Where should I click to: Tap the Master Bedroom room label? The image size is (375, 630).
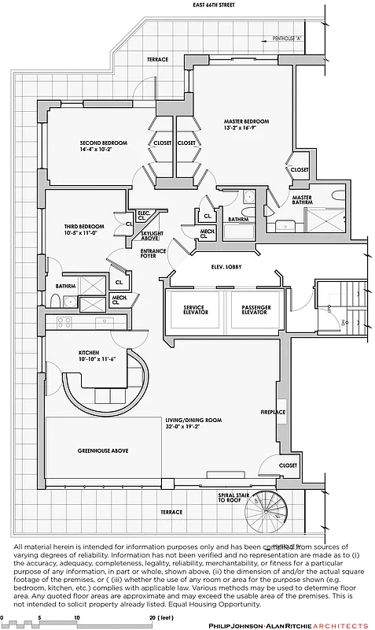click(246, 124)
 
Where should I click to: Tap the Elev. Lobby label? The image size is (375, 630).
click(226, 267)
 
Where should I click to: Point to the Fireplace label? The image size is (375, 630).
click(273, 412)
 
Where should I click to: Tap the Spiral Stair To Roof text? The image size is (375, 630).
click(230, 498)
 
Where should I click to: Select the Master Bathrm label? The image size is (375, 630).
click(303, 201)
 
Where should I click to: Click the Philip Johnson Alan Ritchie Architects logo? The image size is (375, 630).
click(288, 624)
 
